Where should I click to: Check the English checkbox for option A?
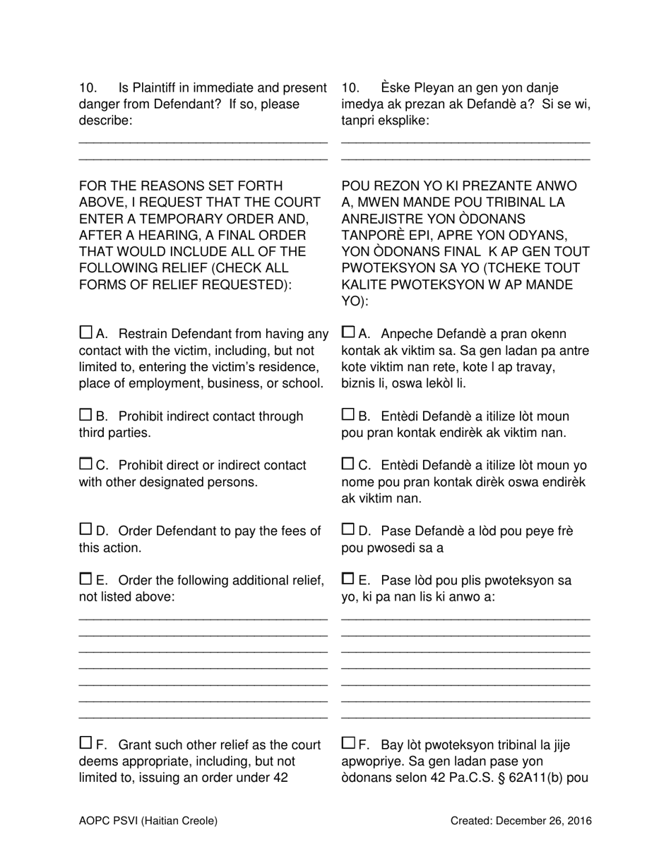tap(85, 332)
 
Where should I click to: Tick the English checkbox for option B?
tap(85, 414)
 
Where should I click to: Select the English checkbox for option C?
tap(85, 464)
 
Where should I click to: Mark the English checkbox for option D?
tap(85, 529)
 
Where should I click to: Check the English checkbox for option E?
tap(85, 579)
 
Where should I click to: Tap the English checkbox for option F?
tap(85, 742)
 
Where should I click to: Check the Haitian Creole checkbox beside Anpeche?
tap(348, 332)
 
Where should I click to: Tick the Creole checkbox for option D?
tap(348, 529)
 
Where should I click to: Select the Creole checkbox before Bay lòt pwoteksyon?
tap(348, 742)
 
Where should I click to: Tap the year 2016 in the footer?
tap(579, 821)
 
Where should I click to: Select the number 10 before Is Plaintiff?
tap(88, 88)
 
